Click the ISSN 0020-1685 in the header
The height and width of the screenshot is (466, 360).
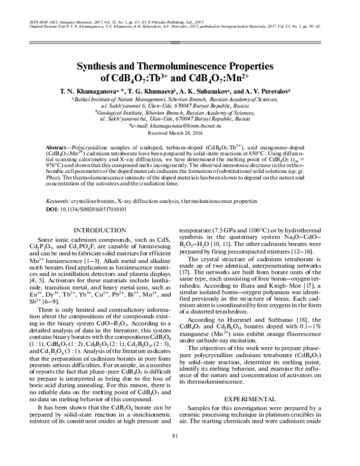click(42, 21)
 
